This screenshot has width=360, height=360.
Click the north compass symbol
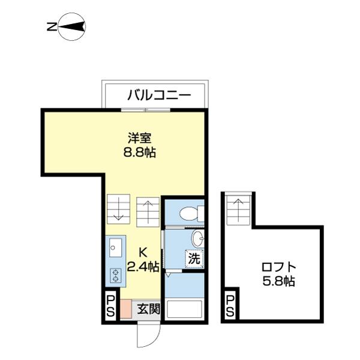click(71, 26)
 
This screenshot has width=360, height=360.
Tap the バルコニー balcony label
click(158, 95)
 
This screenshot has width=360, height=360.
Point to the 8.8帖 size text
click(139, 152)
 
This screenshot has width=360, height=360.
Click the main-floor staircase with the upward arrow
click(148, 211)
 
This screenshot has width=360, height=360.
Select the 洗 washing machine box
click(193, 259)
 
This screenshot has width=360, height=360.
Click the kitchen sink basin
click(115, 247)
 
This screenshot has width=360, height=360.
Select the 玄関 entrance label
click(148, 310)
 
